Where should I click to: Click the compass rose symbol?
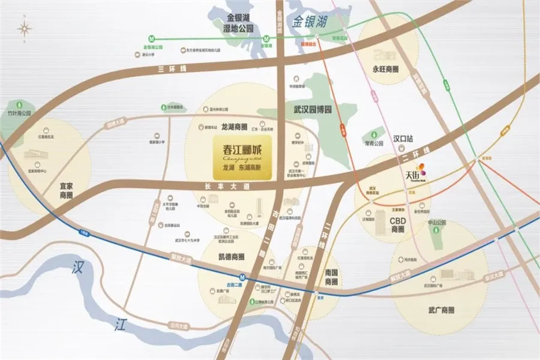pyautogui.click(x=25, y=28)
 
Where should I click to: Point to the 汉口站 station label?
pyautogui.click(x=403, y=138)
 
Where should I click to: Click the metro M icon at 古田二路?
pyautogui.click(x=242, y=277)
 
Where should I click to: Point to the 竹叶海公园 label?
pyautogui.click(x=18, y=112)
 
